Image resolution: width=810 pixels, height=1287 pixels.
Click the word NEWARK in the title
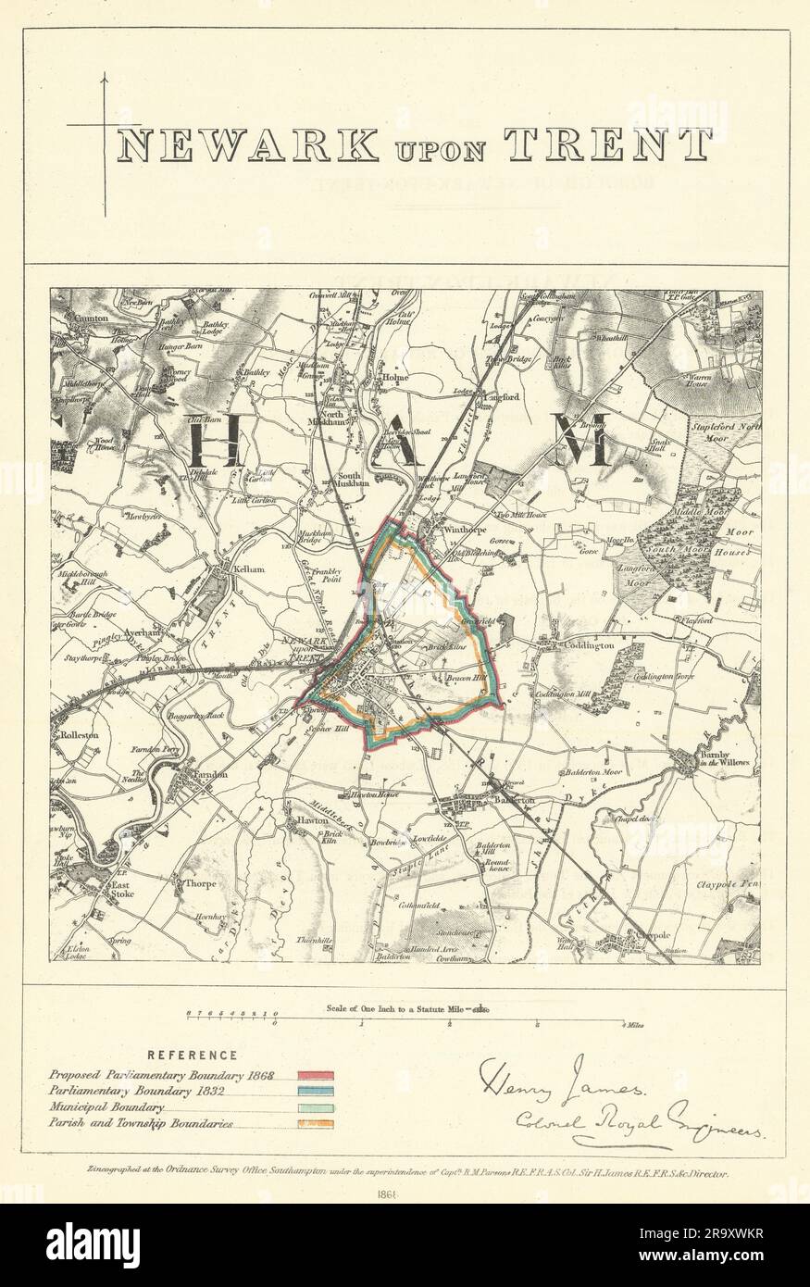click(x=248, y=145)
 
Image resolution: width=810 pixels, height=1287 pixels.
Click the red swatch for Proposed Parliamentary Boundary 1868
click(x=316, y=1075)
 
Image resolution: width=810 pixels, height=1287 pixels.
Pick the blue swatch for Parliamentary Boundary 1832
click(x=316, y=1092)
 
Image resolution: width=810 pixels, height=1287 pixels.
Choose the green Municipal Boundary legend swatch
click(x=316, y=1107)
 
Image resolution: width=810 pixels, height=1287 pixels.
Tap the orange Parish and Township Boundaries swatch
click(x=316, y=1124)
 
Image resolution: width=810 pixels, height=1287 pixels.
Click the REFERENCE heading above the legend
click(x=194, y=1055)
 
